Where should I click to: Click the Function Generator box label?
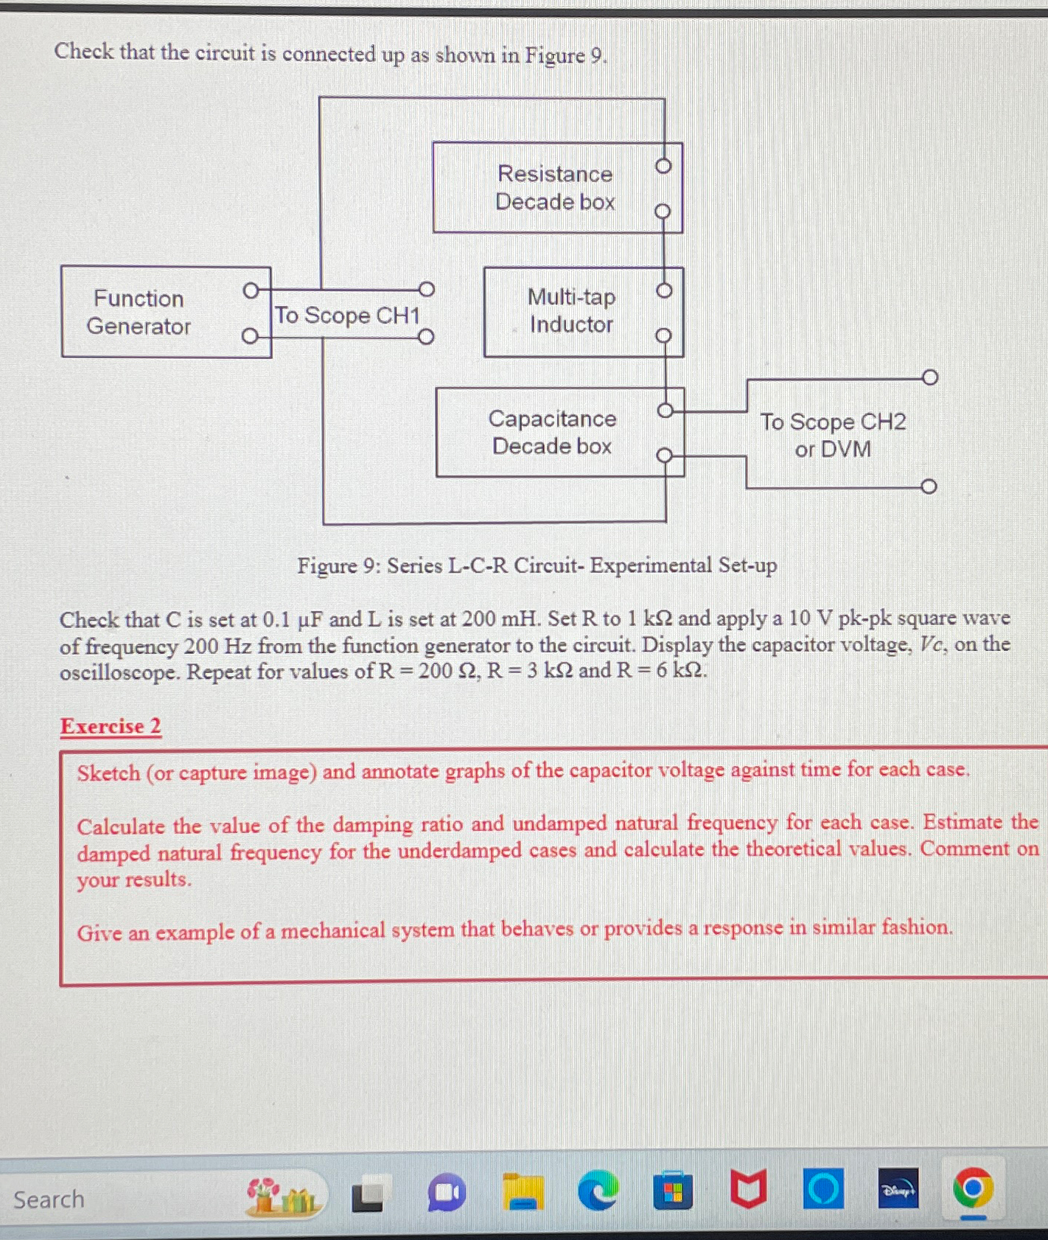tap(139, 313)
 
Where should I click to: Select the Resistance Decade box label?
tap(555, 188)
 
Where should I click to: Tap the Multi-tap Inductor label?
tap(572, 311)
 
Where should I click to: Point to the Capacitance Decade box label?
tap(553, 433)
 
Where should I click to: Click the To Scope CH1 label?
tap(347, 316)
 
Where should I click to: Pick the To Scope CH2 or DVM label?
tap(833, 435)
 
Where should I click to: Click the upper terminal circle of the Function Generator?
tap(251, 290)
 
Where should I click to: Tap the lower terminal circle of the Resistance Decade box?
tap(663, 212)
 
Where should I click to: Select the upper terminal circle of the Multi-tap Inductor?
tap(664, 290)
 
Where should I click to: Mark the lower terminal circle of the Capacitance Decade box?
tap(665, 455)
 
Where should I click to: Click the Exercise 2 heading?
tap(111, 727)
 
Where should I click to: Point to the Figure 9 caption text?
tap(537, 566)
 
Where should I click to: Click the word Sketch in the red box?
tap(108, 773)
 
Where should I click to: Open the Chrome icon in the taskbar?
tap(972, 1189)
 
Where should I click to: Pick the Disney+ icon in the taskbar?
tap(898, 1189)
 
